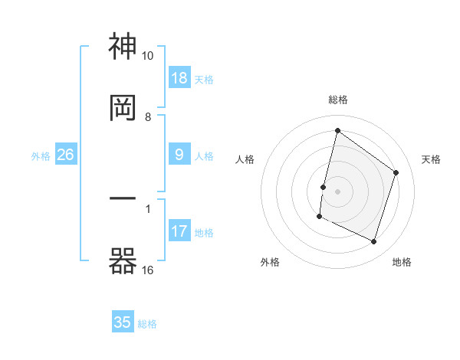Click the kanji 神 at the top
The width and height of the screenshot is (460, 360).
point(123,47)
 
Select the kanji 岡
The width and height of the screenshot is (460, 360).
point(123,108)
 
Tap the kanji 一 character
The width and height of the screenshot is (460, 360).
point(123,199)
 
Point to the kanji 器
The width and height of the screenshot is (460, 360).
point(123,260)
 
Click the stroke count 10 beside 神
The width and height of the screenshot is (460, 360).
point(147,56)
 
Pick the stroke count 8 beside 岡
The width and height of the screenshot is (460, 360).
point(148,116)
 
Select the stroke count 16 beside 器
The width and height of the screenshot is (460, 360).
point(147,270)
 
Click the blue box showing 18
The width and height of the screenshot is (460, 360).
point(179,78)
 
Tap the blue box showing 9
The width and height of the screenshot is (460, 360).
point(179,155)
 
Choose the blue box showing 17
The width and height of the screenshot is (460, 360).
point(179,231)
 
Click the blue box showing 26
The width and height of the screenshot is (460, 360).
point(65,155)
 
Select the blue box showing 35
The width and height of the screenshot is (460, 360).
point(123,322)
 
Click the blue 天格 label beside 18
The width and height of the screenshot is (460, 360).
point(204,79)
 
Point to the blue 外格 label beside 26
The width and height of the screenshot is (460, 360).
point(41,155)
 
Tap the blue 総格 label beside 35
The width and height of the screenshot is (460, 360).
point(147,323)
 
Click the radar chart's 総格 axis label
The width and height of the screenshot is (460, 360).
point(338,100)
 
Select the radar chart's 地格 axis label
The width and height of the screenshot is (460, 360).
point(402,262)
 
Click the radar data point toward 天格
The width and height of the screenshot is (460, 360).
point(396,172)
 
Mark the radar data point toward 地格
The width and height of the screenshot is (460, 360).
point(373,242)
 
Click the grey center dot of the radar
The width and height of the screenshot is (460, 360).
point(338,191)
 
